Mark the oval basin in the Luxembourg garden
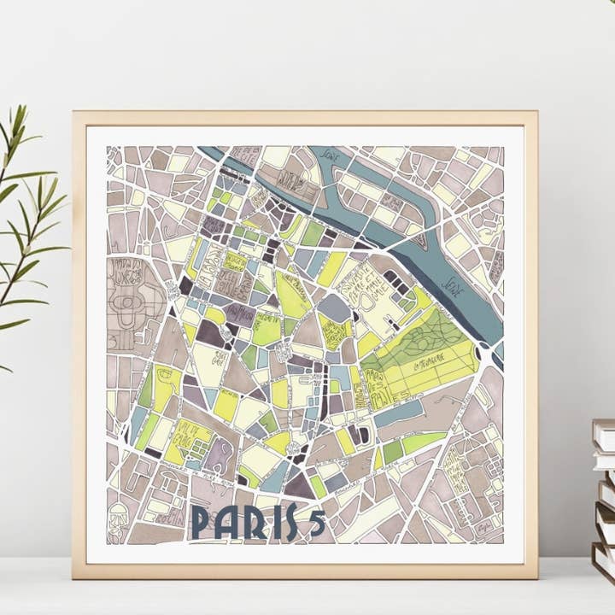pyautogui.click(x=131, y=304)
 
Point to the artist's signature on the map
pyautogui.click(x=489, y=530)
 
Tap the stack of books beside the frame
pyautogui.click(x=603, y=495)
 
